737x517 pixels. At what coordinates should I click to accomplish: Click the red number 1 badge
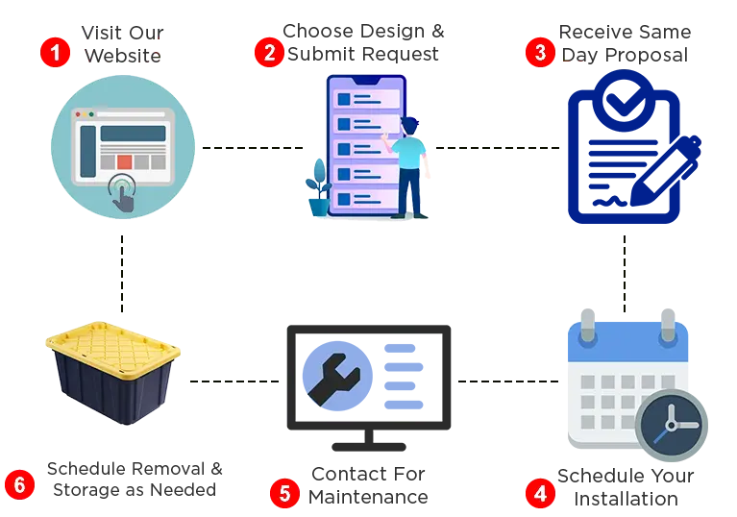point(55,53)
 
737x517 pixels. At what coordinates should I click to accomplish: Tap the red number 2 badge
point(271,53)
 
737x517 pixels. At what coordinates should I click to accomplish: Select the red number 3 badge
point(540,52)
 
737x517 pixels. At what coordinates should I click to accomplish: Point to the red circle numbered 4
point(541,494)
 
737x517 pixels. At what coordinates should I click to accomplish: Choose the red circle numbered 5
point(284,494)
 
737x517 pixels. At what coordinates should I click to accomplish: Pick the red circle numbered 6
point(19,483)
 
